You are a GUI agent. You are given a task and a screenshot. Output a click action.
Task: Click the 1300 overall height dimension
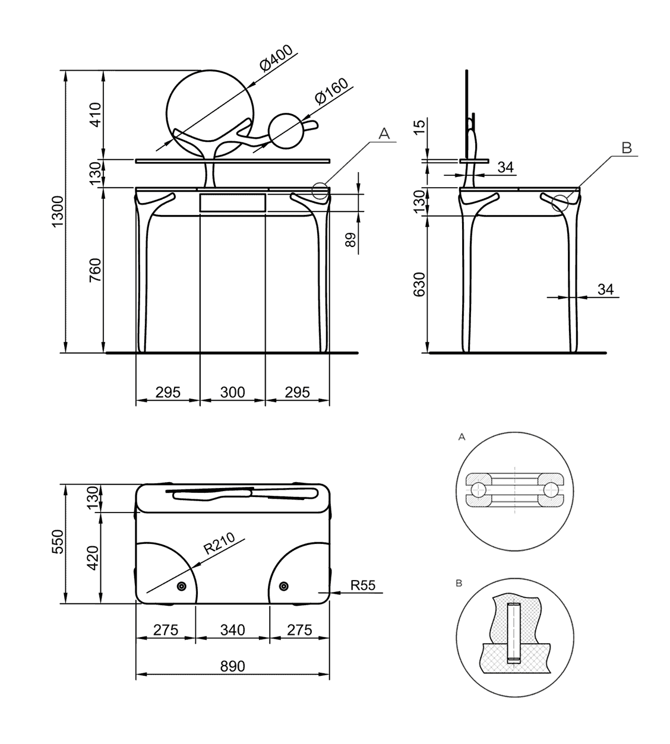[58, 211]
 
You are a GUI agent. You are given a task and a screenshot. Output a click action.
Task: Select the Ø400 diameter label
[277, 59]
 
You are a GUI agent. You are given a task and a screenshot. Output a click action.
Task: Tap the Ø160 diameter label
[331, 92]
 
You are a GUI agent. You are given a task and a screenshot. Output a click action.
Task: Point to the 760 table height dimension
[95, 270]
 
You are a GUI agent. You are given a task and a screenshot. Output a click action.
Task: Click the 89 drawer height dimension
[350, 239]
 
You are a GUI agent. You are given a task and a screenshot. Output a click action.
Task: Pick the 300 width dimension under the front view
[232, 392]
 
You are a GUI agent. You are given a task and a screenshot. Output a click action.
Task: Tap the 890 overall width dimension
[232, 666]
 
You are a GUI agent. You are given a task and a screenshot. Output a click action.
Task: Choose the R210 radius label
[219, 544]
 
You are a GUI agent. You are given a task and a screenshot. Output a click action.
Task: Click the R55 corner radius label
[362, 585]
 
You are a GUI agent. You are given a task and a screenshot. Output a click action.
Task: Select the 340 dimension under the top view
[232, 630]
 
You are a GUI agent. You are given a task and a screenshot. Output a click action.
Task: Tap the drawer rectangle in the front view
[232, 202]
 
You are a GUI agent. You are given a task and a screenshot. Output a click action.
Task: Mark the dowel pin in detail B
[514, 633]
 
